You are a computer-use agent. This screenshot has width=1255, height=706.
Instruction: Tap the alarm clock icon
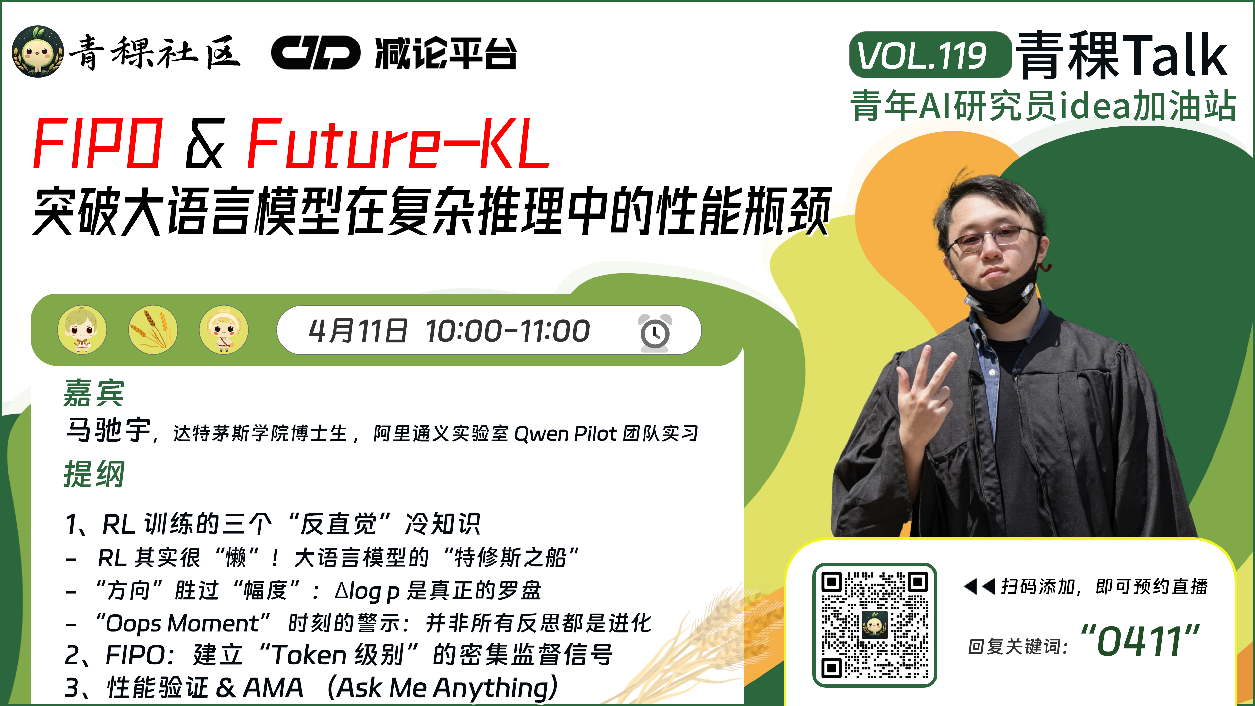pos(654,332)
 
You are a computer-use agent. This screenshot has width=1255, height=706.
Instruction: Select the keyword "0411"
pos(1140,640)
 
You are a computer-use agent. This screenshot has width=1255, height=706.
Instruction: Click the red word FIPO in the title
pos(97,144)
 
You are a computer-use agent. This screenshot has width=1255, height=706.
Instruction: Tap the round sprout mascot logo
pos(38,52)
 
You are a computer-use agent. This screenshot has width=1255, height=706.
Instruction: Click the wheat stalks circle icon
pos(153,330)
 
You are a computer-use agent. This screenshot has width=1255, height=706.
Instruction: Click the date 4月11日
pos(358,331)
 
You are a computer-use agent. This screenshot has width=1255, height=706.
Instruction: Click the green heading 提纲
pos(93,474)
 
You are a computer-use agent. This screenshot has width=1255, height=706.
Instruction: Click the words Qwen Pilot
pos(565,433)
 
